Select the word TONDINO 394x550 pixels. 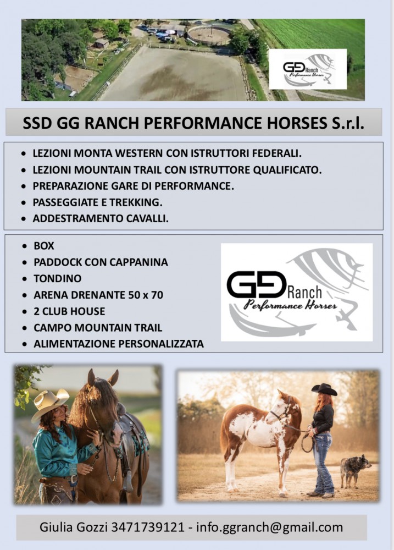(x=58, y=278)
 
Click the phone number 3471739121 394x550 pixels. (x=148, y=527)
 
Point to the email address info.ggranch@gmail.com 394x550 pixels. (x=270, y=527)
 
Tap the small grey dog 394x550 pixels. (x=355, y=471)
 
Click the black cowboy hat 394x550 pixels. (x=324, y=389)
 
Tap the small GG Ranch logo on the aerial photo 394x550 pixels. (x=307, y=69)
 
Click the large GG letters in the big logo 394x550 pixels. (x=256, y=284)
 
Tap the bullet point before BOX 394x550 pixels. (x=24, y=246)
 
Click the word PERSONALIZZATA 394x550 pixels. (x=161, y=344)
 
